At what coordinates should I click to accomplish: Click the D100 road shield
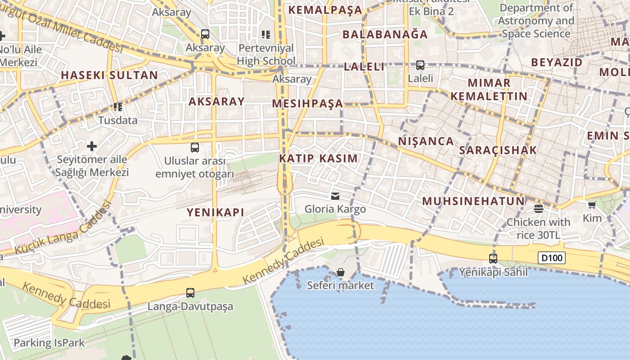coord(551,258)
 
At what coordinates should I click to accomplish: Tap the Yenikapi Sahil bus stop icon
coord(493,258)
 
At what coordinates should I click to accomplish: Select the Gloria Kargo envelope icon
coord(335,196)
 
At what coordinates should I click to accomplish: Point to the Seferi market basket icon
coord(341,272)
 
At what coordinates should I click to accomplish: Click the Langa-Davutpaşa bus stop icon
coord(190,293)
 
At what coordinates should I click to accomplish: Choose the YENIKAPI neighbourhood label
coord(216,212)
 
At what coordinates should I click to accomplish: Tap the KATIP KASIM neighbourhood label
coord(318,158)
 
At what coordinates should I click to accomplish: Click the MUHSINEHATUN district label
coord(473,201)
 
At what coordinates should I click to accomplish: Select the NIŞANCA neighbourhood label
coord(426,141)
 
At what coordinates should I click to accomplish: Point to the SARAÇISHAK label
coord(498,150)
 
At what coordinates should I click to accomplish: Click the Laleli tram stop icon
coord(420,65)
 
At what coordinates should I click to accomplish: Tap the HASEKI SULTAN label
coord(109,75)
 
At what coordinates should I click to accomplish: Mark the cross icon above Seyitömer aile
coord(92,146)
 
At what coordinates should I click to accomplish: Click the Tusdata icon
coord(118,107)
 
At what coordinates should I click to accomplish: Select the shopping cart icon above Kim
coord(592,205)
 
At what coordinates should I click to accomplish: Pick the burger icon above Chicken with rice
coord(538,208)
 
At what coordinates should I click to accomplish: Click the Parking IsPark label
coord(49,343)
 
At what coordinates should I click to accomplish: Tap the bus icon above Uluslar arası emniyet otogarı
coord(195,148)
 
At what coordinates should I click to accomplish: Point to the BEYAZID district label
coord(557,63)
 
